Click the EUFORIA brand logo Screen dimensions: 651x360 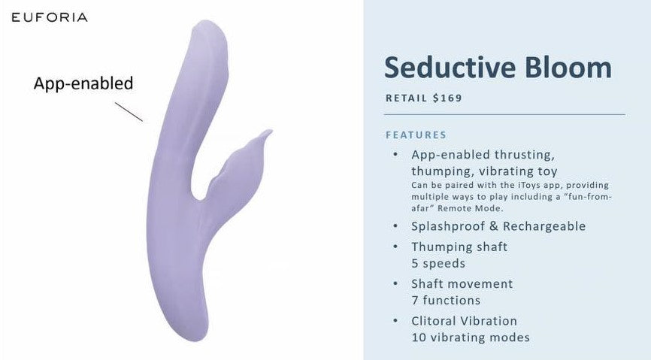[x=50, y=17]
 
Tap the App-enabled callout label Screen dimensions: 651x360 [x=83, y=83]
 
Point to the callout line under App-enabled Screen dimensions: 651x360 [x=129, y=112]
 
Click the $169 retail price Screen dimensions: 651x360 [x=447, y=98]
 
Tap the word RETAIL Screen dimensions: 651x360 [x=407, y=98]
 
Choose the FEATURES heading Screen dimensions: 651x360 [x=416, y=135]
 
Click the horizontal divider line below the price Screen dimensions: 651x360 [x=504, y=114]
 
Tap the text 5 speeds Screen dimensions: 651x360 [x=438, y=264]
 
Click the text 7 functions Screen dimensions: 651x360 [x=446, y=300]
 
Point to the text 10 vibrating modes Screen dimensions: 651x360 [x=471, y=337]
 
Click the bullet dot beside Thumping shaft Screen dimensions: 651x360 [x=395, y=247]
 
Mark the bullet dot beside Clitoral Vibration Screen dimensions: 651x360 [x=395, y=321]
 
